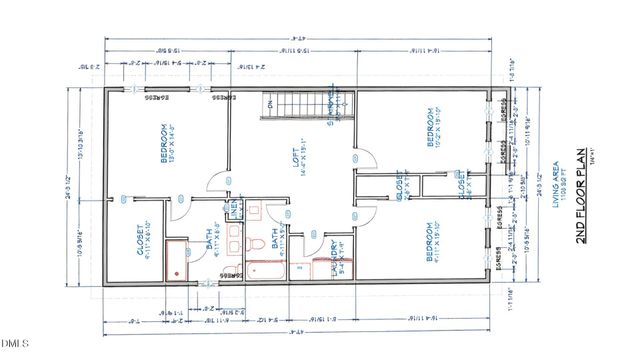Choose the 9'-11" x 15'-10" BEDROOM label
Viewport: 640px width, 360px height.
tap(432, 240)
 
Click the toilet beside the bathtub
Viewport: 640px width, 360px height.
tap(255, 246)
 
